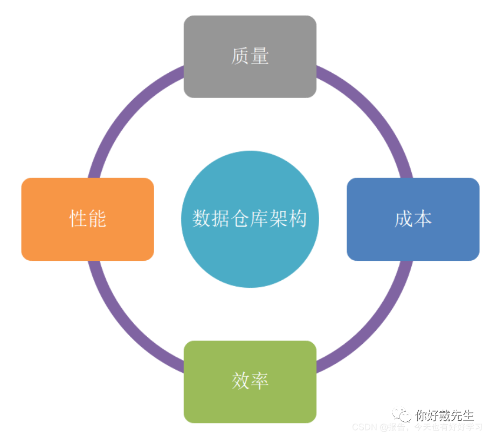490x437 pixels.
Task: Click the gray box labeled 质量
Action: pyautogui.click(x=250, y=57)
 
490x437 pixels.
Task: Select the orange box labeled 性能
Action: pyautogui.click(x=87, y=219)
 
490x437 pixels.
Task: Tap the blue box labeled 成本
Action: pyautogui.click(x=413, y=219)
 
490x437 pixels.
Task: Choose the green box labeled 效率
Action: pyautogui.click(x=250, y=381)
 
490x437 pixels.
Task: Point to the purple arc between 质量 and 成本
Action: pyautogui.click(x=371, y=108)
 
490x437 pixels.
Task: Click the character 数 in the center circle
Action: pyautogui.click(x=202, y=219)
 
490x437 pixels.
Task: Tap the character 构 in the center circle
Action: pyautogui.click(x=298, y=219)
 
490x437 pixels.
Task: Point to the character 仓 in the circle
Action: pyautogui.click(x=240, y=219)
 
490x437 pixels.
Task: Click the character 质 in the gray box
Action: pyautogui.click(x=240, y=57)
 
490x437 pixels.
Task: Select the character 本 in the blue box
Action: pyautogui.click(x=423, y=219)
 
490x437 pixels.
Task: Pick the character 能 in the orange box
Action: pyautogui.click(x=97, y=219)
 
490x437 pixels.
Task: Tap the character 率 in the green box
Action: pyautogui.click(x=259, y=381)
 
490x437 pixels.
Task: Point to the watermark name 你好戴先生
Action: pyautogui.click(x=445, y=415)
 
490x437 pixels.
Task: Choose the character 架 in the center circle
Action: pyautogui.click(x=279, y=219)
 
